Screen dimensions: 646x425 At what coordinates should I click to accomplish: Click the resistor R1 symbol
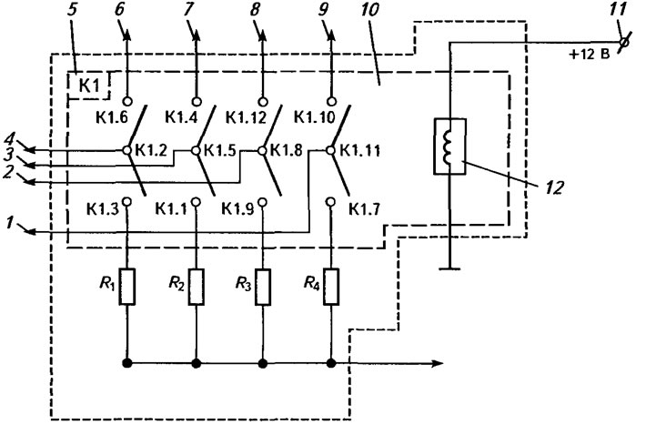click(x=126, y=287)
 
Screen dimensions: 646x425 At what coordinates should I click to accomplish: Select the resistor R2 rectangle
click(x=197, y=287)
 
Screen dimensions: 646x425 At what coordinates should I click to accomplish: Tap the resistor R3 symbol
click(x=263, y=287)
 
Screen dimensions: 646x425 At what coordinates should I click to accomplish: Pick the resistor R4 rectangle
click(x=331, y=287)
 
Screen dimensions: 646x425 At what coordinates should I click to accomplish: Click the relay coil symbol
click(x=449, y=147)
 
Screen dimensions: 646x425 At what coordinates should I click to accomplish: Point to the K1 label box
click(x=89, y=86)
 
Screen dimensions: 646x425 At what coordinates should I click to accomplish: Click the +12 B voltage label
click(x=590, y=54)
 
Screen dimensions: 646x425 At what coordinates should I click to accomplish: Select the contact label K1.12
click(x=246, y=118)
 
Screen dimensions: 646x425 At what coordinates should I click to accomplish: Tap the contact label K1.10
click(x=314, y=118)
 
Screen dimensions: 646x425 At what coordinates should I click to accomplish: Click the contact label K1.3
click(x=103, y=209)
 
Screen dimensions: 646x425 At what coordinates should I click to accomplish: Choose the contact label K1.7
click(x=364, y=209)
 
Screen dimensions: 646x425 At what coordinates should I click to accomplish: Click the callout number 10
click(x=369, y=10)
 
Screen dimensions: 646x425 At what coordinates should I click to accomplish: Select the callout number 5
click(x=72, y=10)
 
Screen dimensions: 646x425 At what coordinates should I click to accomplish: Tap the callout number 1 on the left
click(x=11, y=223)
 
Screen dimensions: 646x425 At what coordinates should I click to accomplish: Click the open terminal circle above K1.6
click(x=126, y=101)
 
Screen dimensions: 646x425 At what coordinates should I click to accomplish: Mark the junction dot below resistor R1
click(x=126, y=363)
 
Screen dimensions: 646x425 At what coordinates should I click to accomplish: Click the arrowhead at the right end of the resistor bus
click(x=437, y=363)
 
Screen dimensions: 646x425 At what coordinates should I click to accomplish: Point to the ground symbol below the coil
click(x=449, y=268)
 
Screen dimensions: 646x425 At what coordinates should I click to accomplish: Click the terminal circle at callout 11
click(x=624, y=43)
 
